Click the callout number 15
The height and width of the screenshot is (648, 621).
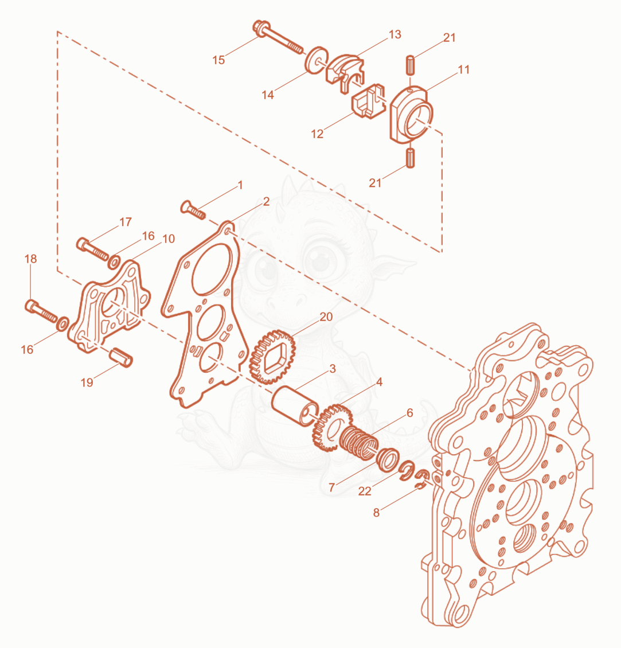(x=218, y=60)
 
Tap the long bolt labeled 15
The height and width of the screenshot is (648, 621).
(x=278, y=37)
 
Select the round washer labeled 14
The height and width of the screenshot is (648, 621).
(x=317, y=60)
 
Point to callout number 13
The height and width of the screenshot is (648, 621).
(x=395, y=34)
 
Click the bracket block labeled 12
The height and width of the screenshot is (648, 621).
(x=368, y=102)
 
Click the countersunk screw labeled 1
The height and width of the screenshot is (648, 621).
(x=193, y=209)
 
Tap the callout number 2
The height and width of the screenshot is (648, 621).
(x=266, y=201)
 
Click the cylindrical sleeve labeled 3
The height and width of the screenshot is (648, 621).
(x=295, y=406)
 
